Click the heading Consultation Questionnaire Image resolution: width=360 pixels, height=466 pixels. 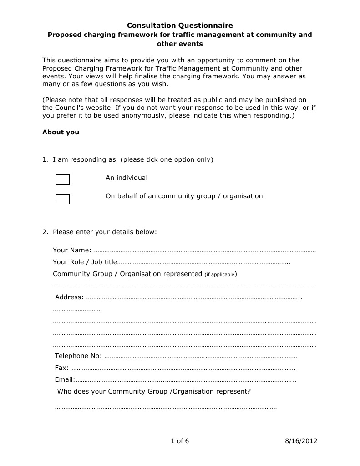(180, 26)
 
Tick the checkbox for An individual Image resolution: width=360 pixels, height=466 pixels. (63, 180)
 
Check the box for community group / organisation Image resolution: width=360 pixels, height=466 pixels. (63, 199)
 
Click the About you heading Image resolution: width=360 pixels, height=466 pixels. (61, 133)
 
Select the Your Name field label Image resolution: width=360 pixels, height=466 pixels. (72, 250)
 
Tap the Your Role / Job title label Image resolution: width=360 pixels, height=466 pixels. (85, 262)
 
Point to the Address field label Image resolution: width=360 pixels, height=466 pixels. (69, 297)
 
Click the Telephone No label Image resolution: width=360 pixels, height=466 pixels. (78, 356)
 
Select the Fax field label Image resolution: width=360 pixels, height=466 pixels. (61, 368)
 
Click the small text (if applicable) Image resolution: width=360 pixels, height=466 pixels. (219, 275)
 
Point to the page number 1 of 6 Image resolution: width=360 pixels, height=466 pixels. (180, 441)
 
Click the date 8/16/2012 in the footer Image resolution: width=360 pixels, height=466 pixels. (301, 441)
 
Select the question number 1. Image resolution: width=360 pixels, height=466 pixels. (45, 160)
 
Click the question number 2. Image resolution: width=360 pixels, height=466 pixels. (45, 232)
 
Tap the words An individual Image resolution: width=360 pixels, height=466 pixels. (127, 178)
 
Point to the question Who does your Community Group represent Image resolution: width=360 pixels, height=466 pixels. (154, 391)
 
